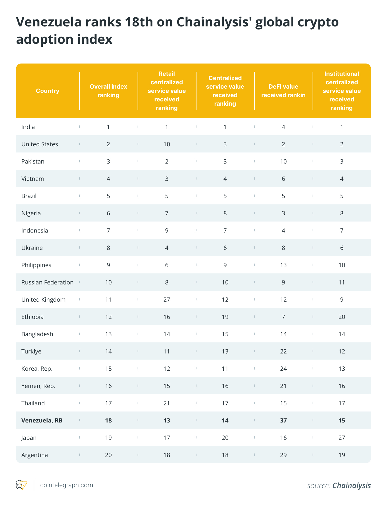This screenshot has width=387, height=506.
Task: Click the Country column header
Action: tap(48, 91)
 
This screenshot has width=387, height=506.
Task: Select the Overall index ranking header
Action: tap(108, 91)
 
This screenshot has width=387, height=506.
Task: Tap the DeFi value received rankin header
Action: tap(283, 91)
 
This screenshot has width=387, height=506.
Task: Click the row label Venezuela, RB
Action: tap(42, 420)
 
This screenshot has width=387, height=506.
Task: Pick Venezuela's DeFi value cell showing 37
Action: tap(283, 420)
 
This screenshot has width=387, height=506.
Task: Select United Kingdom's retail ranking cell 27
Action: tap(167, 299)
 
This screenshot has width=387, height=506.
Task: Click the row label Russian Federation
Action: tap(47, 282)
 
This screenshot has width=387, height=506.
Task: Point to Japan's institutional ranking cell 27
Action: tap(342, 438)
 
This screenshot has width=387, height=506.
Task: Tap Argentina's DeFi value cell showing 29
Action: tap(283, 455)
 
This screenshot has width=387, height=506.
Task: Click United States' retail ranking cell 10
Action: tap(167, 144)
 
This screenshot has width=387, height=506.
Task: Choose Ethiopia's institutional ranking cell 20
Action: tap(342, 317)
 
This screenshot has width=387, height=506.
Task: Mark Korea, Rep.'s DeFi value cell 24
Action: tap(283, 369)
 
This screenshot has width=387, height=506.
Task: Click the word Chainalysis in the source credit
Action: tap(352, 485)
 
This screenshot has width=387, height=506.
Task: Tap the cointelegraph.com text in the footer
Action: tap(66, 485)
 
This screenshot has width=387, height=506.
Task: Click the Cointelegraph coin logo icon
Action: tap(21, 485)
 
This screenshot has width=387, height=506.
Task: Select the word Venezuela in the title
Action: tap(49, 22)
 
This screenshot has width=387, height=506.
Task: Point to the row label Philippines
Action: tap(36, 265)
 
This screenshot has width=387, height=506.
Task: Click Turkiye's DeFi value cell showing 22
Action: tap(283, 351)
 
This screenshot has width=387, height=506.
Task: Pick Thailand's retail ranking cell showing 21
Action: tap(167, 403)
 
